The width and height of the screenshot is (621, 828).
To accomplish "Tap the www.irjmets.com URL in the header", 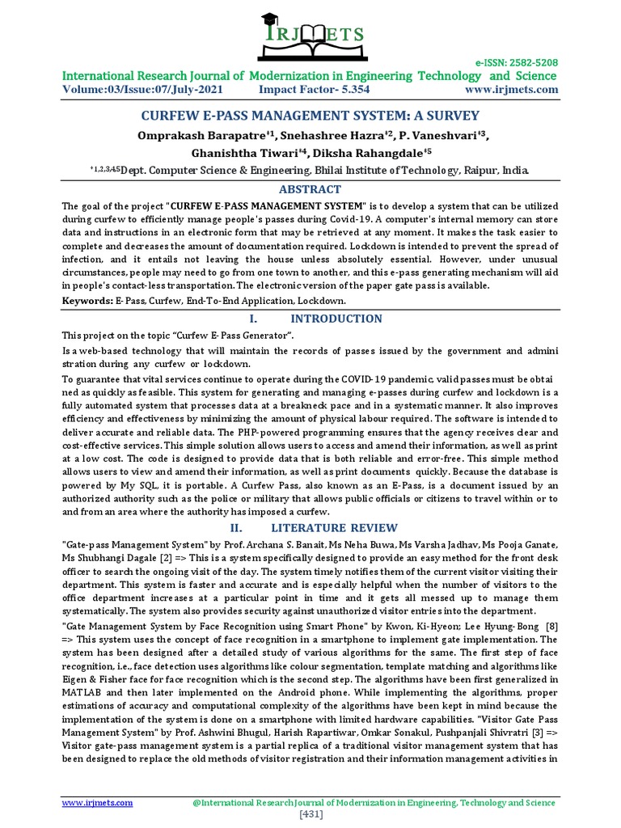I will tap(512, 89).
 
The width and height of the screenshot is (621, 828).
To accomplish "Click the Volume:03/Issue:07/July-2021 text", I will tap(142, 89).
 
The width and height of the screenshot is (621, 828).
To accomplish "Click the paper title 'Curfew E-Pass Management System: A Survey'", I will tap(310, 116).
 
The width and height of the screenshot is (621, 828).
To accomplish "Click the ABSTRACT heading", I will tap(310, 188).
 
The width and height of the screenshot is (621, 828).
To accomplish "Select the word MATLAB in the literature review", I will tap(84, 692).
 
